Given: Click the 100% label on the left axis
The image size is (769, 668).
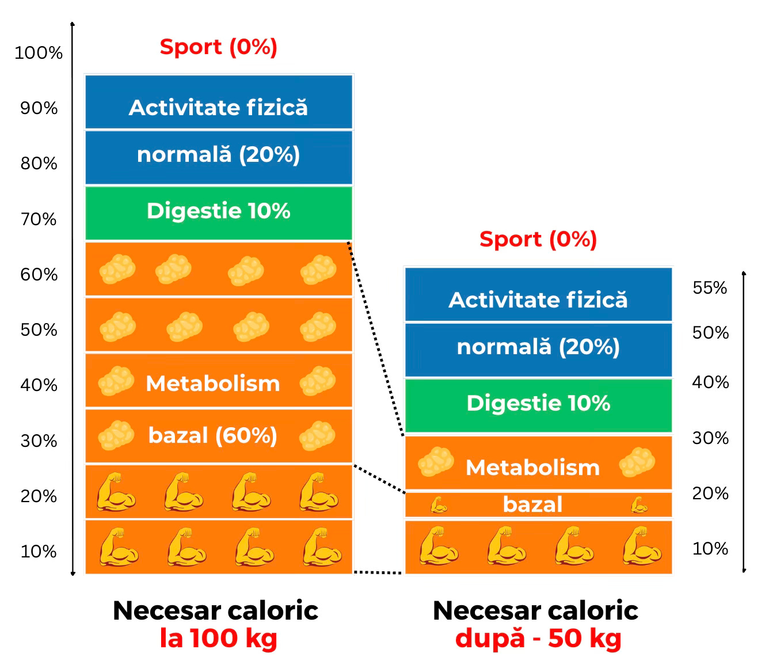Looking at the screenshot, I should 38,53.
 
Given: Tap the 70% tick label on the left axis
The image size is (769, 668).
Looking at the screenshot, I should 39,219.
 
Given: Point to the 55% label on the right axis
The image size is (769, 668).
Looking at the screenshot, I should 710,288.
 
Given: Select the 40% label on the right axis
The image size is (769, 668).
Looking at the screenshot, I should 710,382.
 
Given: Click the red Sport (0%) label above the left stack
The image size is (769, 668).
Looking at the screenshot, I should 219,47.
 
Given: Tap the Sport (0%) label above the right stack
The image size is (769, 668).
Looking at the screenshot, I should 538,239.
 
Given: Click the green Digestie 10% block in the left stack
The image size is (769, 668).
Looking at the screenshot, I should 219,212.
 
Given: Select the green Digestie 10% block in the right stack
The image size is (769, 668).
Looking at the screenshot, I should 538,404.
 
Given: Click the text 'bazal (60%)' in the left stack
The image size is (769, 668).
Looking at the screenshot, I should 213,436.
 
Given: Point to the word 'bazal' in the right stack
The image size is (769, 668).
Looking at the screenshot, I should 532,505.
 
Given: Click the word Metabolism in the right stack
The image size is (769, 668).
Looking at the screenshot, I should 532,468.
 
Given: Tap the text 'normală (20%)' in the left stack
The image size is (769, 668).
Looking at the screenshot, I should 219,155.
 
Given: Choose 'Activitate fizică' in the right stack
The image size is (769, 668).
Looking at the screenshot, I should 538,300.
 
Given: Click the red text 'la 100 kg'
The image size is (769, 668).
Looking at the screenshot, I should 219,639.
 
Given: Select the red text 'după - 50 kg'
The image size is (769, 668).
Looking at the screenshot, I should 538,639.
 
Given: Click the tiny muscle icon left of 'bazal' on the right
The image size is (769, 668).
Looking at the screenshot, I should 439,505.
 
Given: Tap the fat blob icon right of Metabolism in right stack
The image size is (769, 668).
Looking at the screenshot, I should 637,462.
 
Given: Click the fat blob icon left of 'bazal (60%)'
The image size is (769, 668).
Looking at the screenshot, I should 116,435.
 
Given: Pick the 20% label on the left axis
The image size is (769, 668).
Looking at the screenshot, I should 39,496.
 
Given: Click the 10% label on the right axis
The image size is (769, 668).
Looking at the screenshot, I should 710,549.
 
